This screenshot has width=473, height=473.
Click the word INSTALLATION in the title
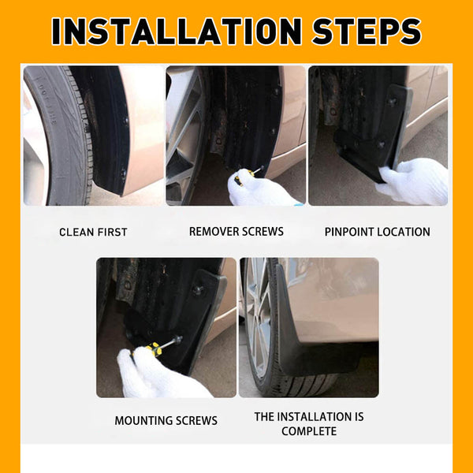pos(177,31)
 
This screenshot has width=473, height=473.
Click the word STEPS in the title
pos(367,31)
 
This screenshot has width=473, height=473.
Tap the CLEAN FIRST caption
pos(93,233)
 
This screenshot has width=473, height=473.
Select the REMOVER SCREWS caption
pos(236,232)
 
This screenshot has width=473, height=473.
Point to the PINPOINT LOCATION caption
pos(378,233)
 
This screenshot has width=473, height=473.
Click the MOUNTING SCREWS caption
pos(166,421)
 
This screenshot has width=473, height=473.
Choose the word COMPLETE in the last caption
pos(309,431)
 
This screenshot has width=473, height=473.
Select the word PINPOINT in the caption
pos(351,233)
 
